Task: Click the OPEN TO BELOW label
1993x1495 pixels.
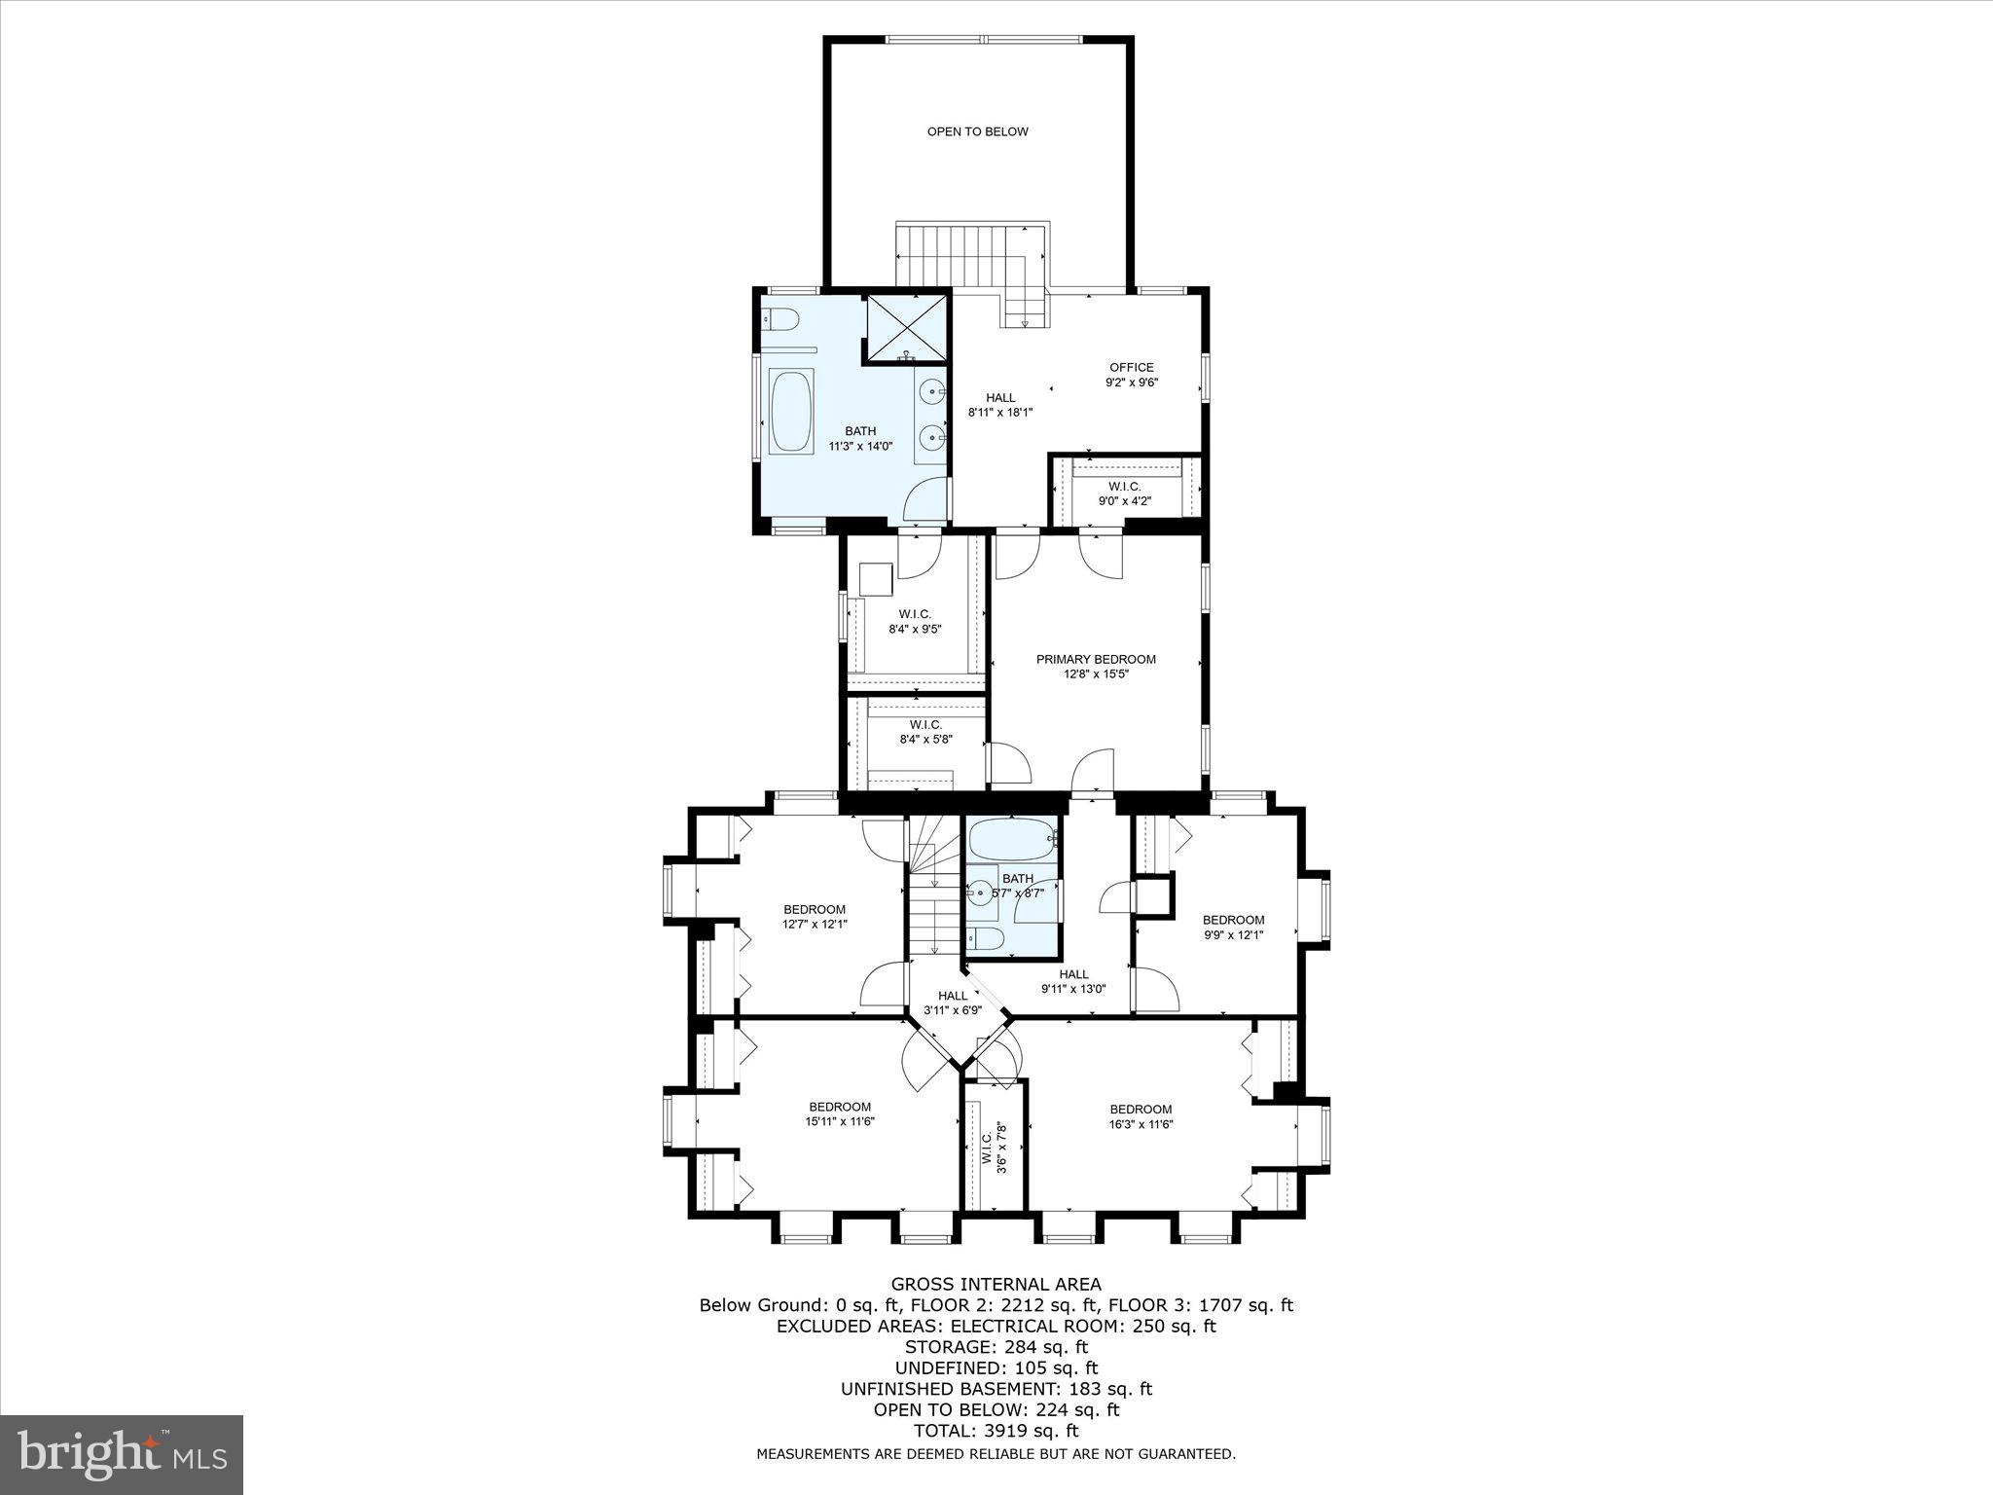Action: [x=977, y=131]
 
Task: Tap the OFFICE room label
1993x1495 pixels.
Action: [x=1131, y=368]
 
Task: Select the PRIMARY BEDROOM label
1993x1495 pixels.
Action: [x=1096, y=660]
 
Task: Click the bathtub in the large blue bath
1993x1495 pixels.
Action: [x=790, y=411]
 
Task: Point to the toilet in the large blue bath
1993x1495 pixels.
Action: [x=780, y=318]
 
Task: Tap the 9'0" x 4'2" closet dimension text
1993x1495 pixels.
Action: [x=1124, y=501]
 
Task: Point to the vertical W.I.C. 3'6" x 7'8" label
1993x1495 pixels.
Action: [x=994, y=1149]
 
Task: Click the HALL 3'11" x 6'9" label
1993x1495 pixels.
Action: [x=953, y=1003]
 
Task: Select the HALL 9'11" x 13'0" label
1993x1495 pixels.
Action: [x=1073, y=981]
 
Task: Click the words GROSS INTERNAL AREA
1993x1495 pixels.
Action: [x=996, y=1285]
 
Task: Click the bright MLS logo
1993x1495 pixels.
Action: [x=122, y=1455]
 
